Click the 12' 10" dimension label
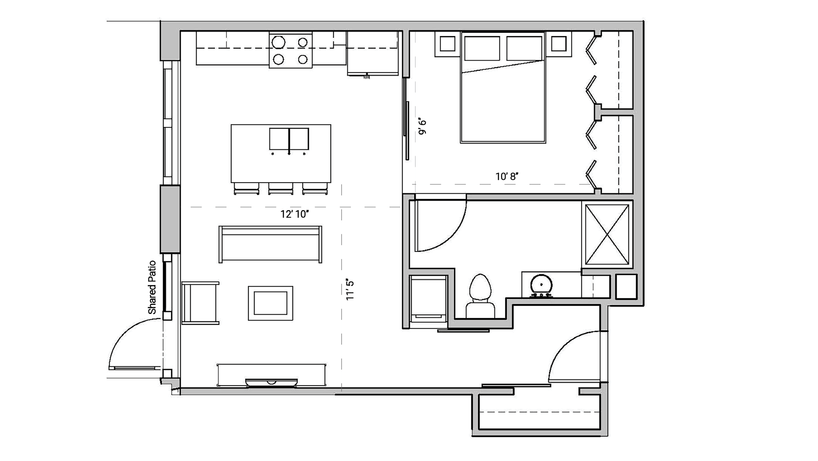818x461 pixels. [294, 214]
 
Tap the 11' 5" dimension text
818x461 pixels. [349, 290]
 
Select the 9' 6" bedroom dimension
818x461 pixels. [422, 127]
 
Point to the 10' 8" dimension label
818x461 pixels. [507, 176]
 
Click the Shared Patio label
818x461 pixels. [152, 287]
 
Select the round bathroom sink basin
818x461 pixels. [541, 284]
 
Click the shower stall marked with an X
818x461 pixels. [607, 235]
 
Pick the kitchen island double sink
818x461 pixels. [289, 139]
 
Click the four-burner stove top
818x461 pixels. [290, 51]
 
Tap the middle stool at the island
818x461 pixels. [281, 188]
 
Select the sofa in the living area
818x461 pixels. [270, 244]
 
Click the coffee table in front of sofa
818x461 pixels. [270, 303]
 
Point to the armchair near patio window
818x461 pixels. [200, 303]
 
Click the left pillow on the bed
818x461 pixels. [482, 48]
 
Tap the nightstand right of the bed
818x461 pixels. [558, 44]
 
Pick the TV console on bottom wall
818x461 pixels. [271, 375]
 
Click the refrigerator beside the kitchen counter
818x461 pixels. [372, 53]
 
